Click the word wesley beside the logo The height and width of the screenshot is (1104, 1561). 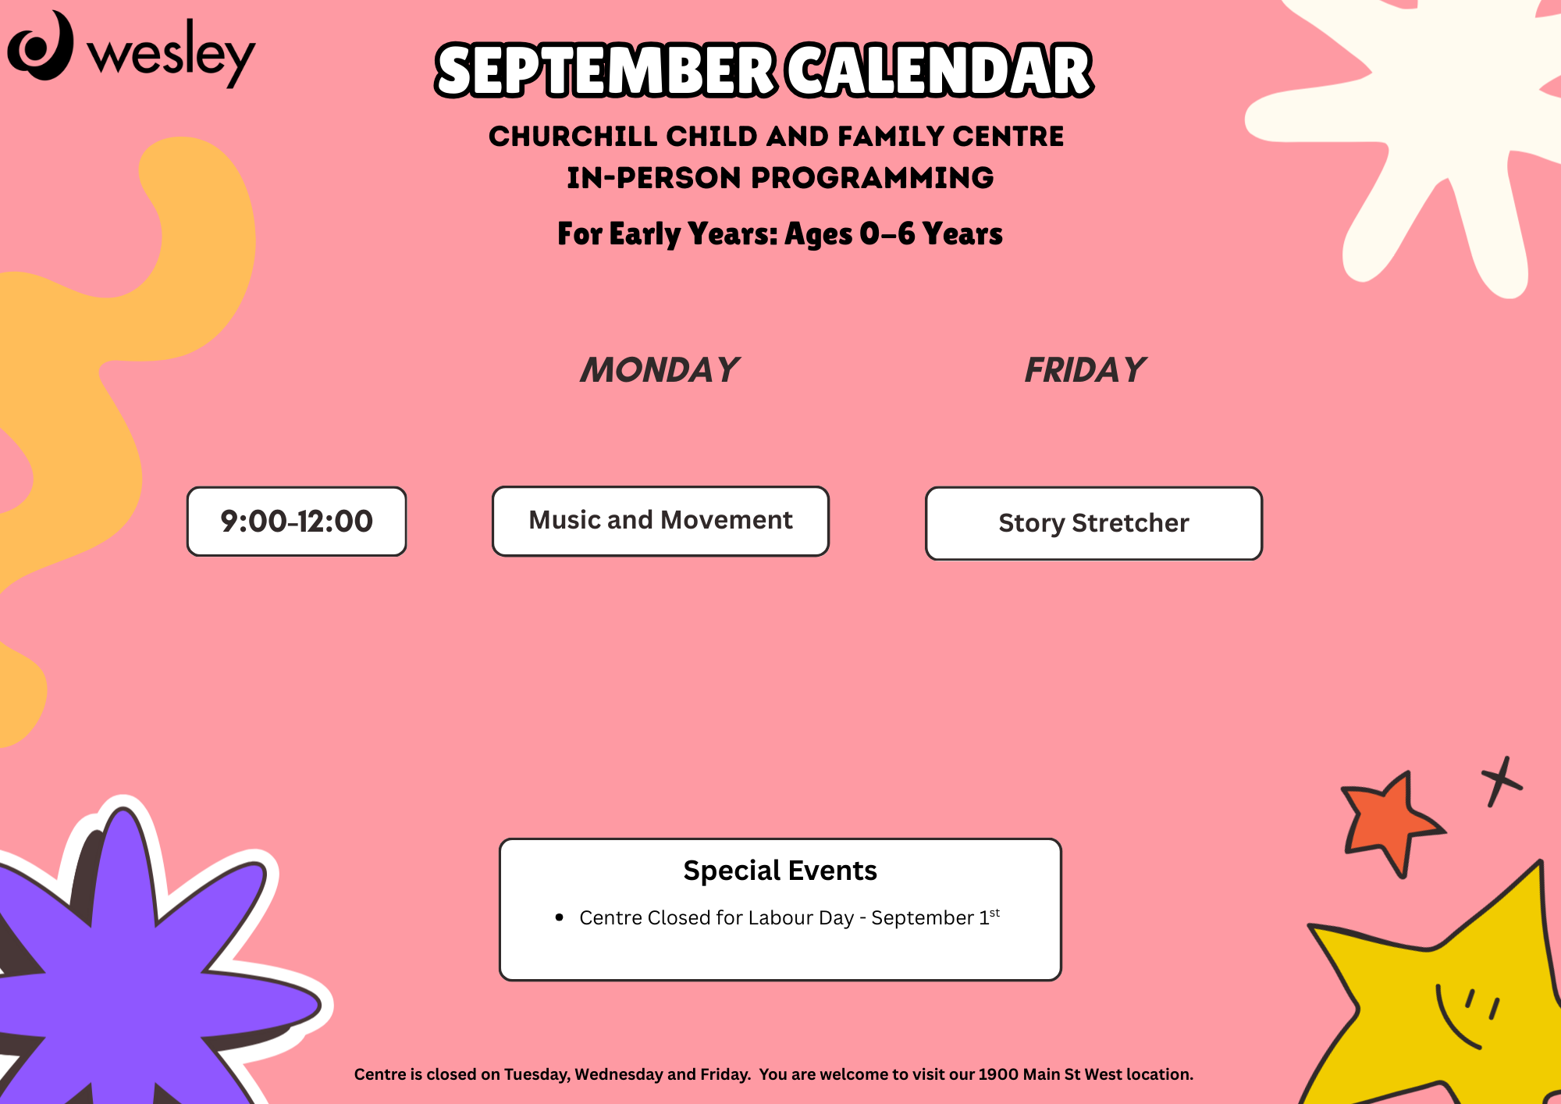pyautogui.click(x=171, y=53)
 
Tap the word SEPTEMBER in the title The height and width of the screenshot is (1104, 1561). pyautogui.click(x=606, y=70)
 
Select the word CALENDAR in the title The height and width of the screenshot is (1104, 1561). pyautogui.click(x=939, y=70)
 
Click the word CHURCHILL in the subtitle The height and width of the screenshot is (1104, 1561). pyautogui.click(x=573, y=137)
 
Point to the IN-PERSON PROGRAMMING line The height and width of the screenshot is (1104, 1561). pyautogui.click(x=780, y=178)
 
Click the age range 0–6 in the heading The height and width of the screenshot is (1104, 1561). pyautogui.click(x=887, y=233)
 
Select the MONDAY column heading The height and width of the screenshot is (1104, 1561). pyautogui.click(x=660, y=370)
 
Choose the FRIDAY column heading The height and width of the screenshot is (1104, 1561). pyautogui.click(x=1085, y=370)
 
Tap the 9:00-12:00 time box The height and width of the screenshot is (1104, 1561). pyautogui.click(x=297, y=522)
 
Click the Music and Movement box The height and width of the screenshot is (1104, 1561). pyautogui.click(x=660, y=521)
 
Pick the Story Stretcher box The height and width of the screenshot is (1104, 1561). pyautogui.click(x=1093, y=523)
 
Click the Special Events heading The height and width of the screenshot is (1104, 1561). pyautogui.click(x=780, y=871)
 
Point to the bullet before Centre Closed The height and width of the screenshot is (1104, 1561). pyautogui.click(x=559, y=917)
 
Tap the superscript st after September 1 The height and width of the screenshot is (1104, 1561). pyautogui.click(x=994, y=912)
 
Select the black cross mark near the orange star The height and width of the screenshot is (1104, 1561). pyautogui.click(x=1501, y=781)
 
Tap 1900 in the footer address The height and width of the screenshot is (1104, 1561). pyautogui.click(x=998, y=1074)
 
